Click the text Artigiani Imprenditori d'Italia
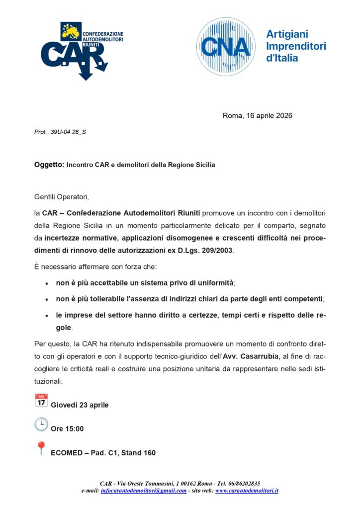point(296,46)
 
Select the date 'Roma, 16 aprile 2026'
point(257,116)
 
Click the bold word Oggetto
point(49,165)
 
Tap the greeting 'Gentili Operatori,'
point(61,197)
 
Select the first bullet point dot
point(47,283)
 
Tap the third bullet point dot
point(47,316)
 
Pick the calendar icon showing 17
point(41,401)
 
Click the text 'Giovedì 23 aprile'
point(80,405)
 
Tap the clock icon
point(41,424)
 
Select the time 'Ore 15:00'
point(67,428)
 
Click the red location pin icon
point(41,448)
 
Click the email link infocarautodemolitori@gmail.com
point(144,491)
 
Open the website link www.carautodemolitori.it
point(247,491)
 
